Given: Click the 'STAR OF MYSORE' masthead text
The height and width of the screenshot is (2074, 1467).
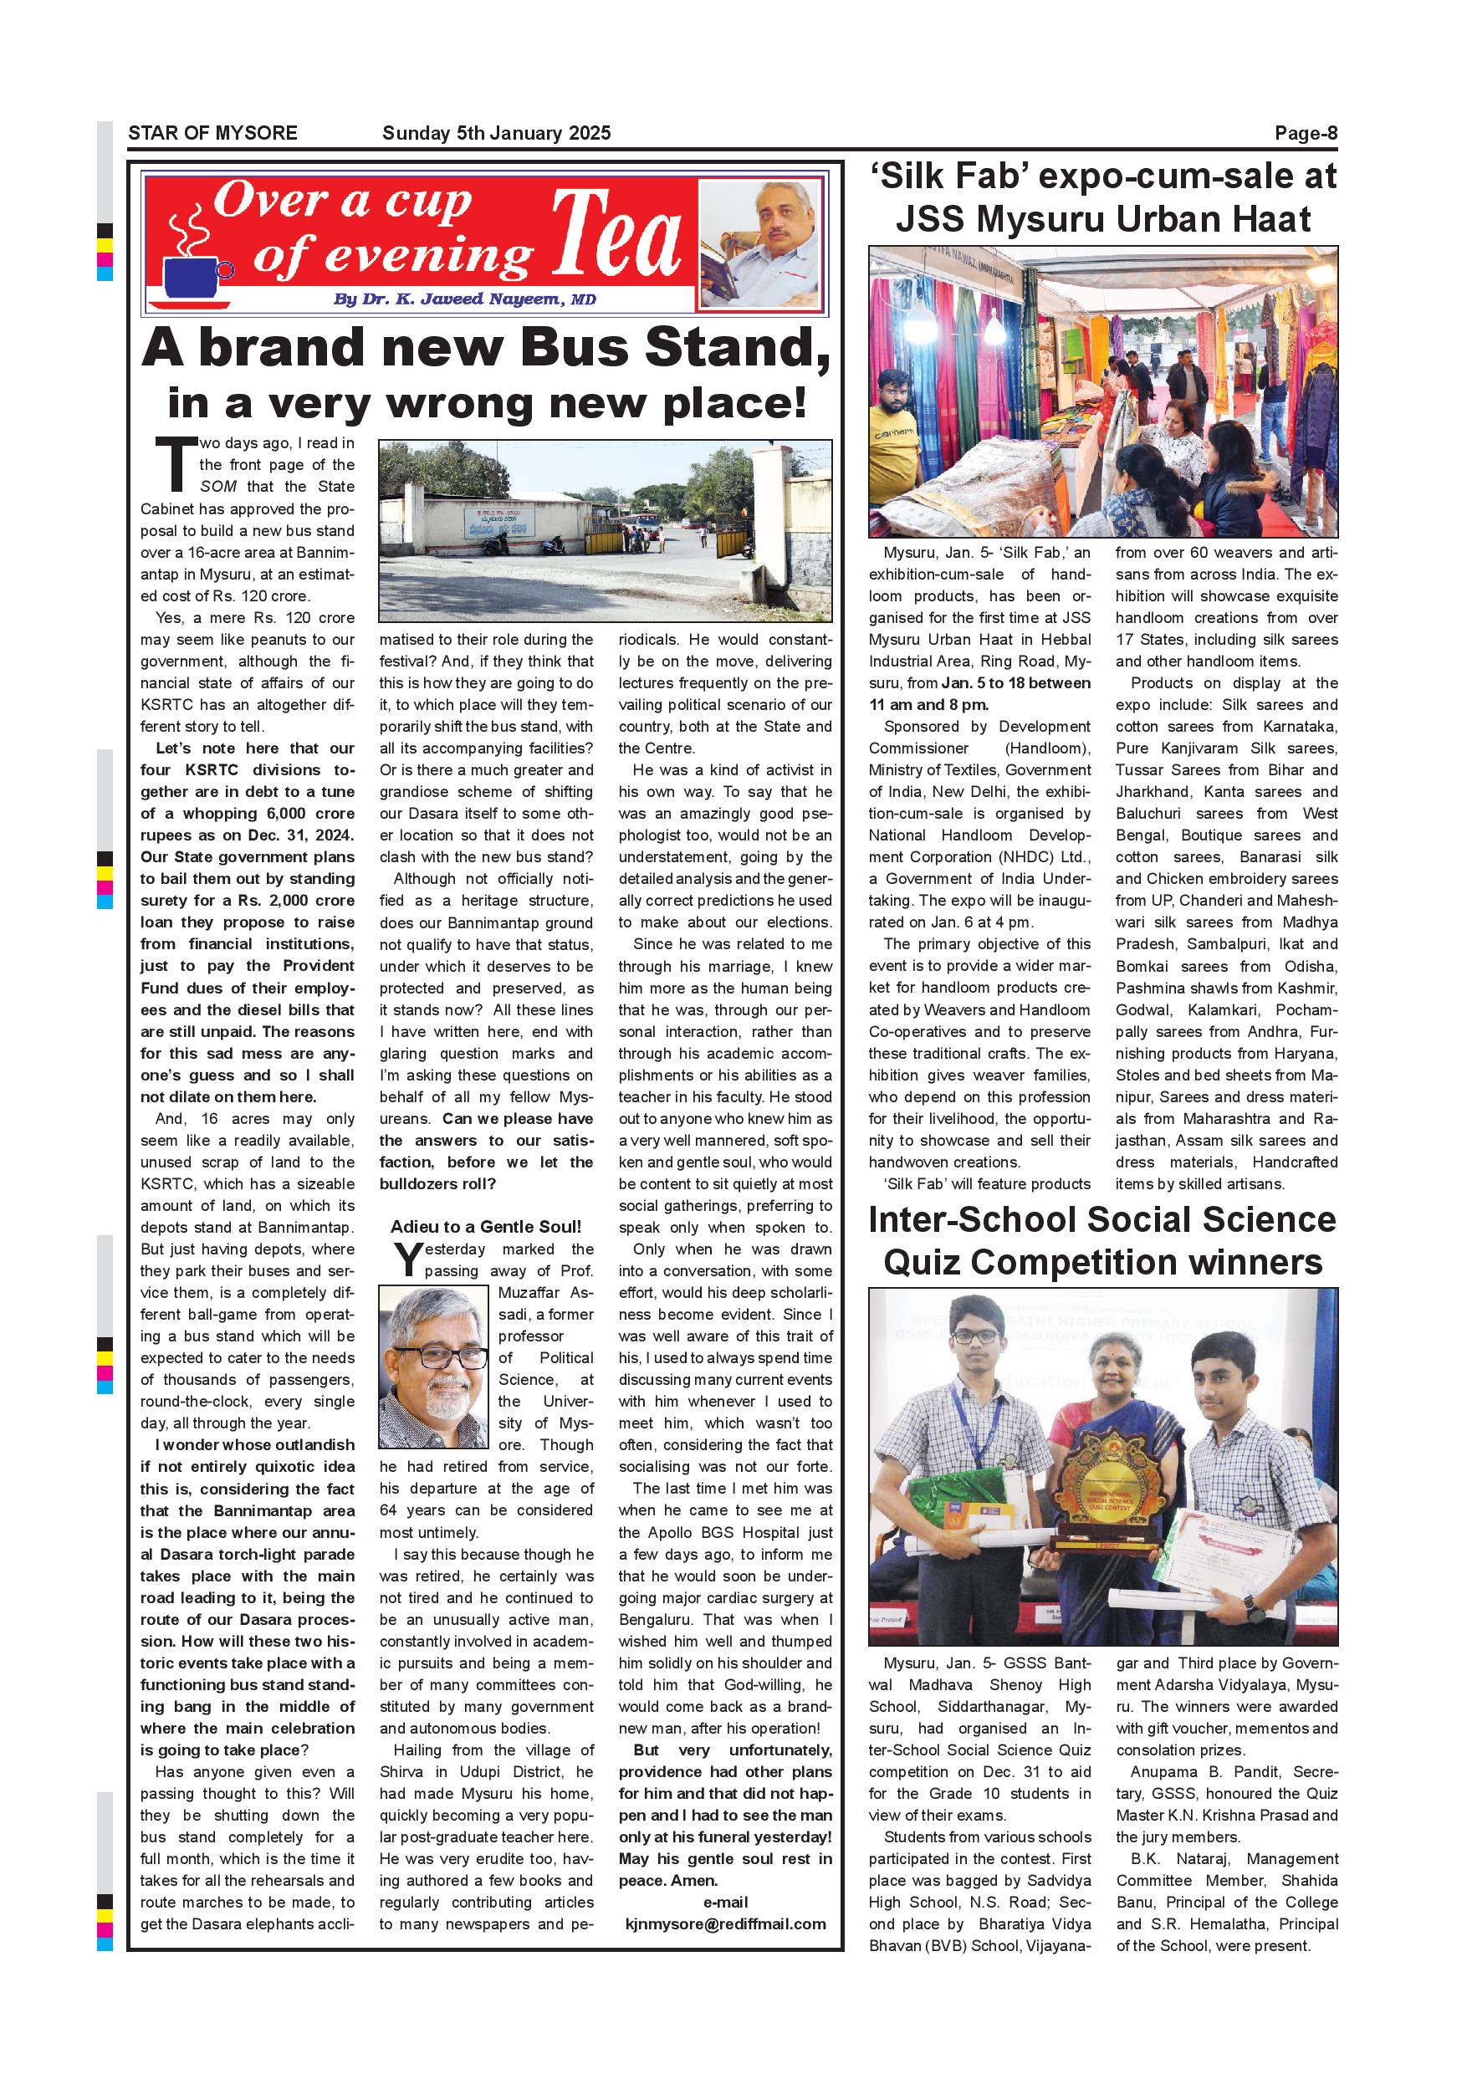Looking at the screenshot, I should [x=212, y=133].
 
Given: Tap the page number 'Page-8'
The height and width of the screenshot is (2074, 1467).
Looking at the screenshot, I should [x=1306, y=133].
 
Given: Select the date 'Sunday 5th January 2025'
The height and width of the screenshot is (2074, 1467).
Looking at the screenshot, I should [x=496, y=133].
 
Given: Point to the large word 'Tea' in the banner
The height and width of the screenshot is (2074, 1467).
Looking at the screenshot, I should [x=616, y=235].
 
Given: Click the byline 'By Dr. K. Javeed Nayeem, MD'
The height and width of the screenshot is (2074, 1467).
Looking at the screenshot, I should [x=464, y=299].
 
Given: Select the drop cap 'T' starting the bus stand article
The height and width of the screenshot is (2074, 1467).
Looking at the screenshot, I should [x=176, y=465].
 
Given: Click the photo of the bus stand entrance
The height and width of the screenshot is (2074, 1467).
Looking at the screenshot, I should [x=605, y=530].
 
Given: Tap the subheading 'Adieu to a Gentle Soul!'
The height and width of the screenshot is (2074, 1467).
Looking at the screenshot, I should [x=486, y=1226].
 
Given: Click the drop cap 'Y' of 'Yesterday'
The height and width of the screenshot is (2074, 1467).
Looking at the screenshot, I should [x=408, y=1260].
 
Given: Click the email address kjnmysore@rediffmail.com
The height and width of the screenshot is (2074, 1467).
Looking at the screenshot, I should [x=725, y=1923].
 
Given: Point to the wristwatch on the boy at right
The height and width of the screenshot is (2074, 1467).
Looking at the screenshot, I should [x=1252, y=1608].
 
